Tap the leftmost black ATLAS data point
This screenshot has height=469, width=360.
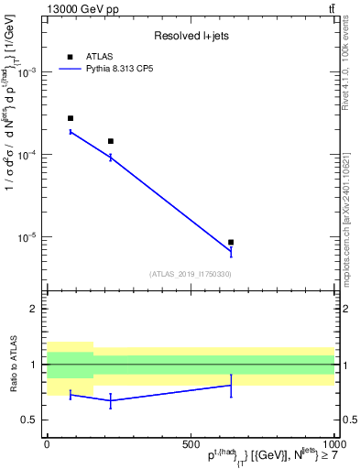[x=71, y=118]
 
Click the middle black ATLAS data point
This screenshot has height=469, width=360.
[x=111, y=141]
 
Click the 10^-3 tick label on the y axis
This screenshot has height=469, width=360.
[x=25, y=72]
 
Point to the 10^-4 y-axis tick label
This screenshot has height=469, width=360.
[x=25, y=155]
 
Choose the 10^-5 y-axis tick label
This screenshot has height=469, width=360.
[x=25, y=237]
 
